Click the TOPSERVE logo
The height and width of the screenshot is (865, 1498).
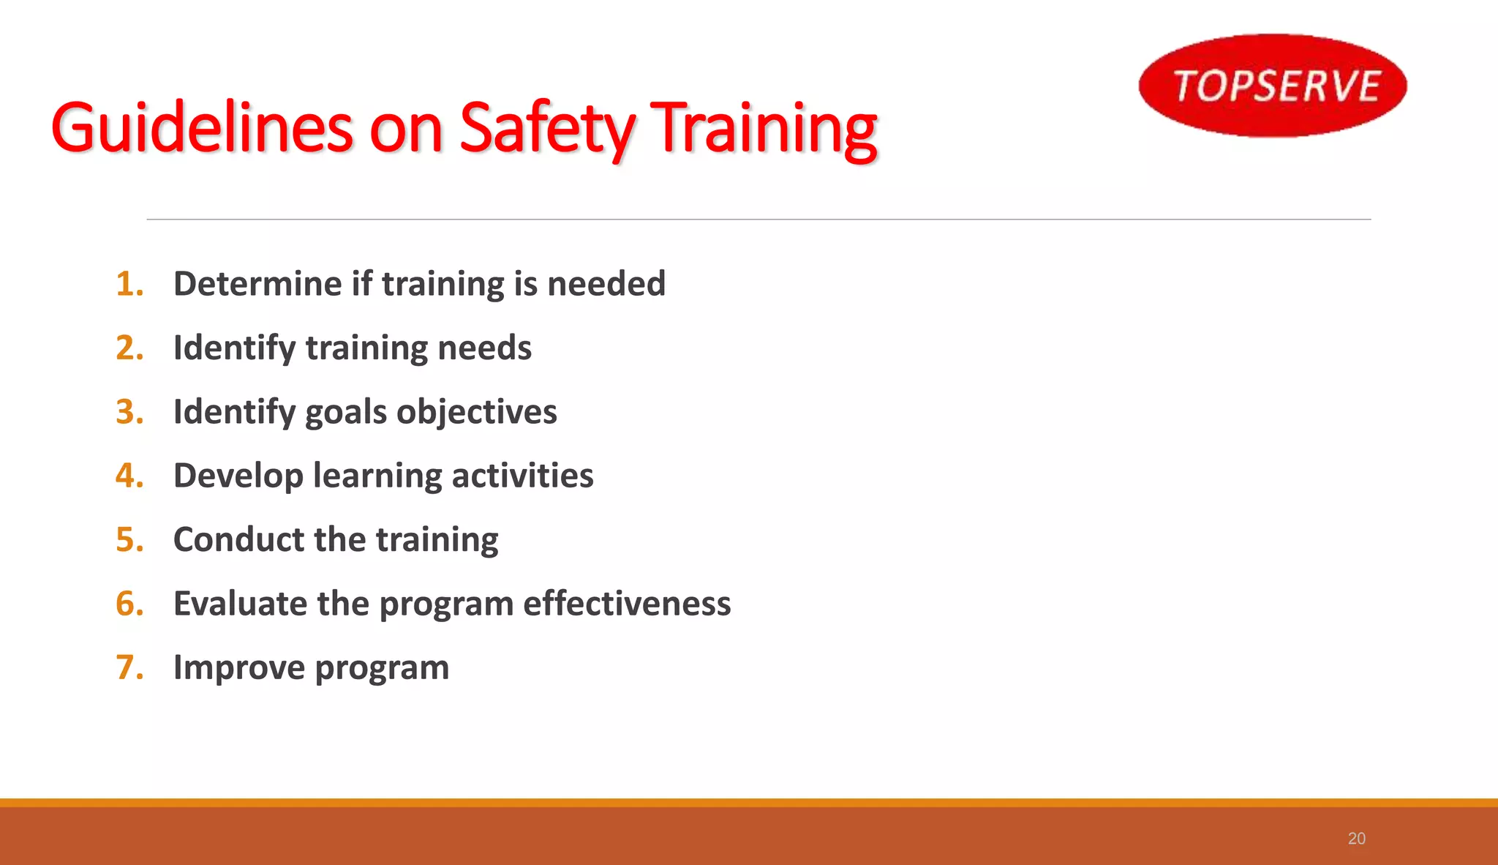1273,86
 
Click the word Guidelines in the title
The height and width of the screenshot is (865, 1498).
202,128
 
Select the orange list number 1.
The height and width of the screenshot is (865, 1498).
129,284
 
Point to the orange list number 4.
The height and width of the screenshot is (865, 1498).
129,476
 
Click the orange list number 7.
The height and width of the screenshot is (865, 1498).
129,667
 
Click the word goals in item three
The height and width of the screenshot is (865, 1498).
345,412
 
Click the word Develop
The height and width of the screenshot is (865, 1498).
238,476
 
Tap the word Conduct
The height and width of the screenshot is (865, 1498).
238,540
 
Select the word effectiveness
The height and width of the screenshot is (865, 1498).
626,604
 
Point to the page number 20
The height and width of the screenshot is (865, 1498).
1356,839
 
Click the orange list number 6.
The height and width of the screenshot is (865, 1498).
129,604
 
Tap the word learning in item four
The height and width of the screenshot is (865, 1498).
377,476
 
